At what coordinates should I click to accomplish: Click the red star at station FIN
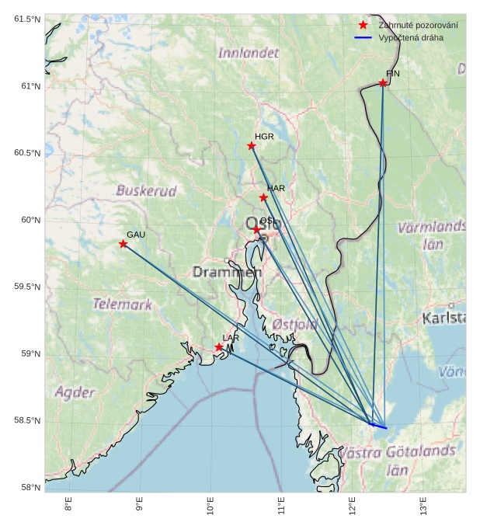pos(383,83)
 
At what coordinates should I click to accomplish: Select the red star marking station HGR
pos(252,146)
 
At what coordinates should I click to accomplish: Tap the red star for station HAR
pos(263,197)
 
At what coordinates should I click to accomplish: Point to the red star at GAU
pos(123,244)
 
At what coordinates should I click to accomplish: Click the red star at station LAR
pos(219,347)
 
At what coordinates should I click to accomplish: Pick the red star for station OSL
pos(257,230)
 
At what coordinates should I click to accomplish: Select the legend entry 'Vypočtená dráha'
pos(411,37)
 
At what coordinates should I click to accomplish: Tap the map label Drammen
pos(227,272)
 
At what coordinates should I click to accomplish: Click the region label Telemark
pos(123,305)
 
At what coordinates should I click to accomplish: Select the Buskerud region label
pos(146,190)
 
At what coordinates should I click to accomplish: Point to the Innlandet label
pos(248,54)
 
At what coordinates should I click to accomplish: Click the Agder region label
pos(75,392)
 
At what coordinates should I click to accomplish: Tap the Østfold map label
pos(295,324)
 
